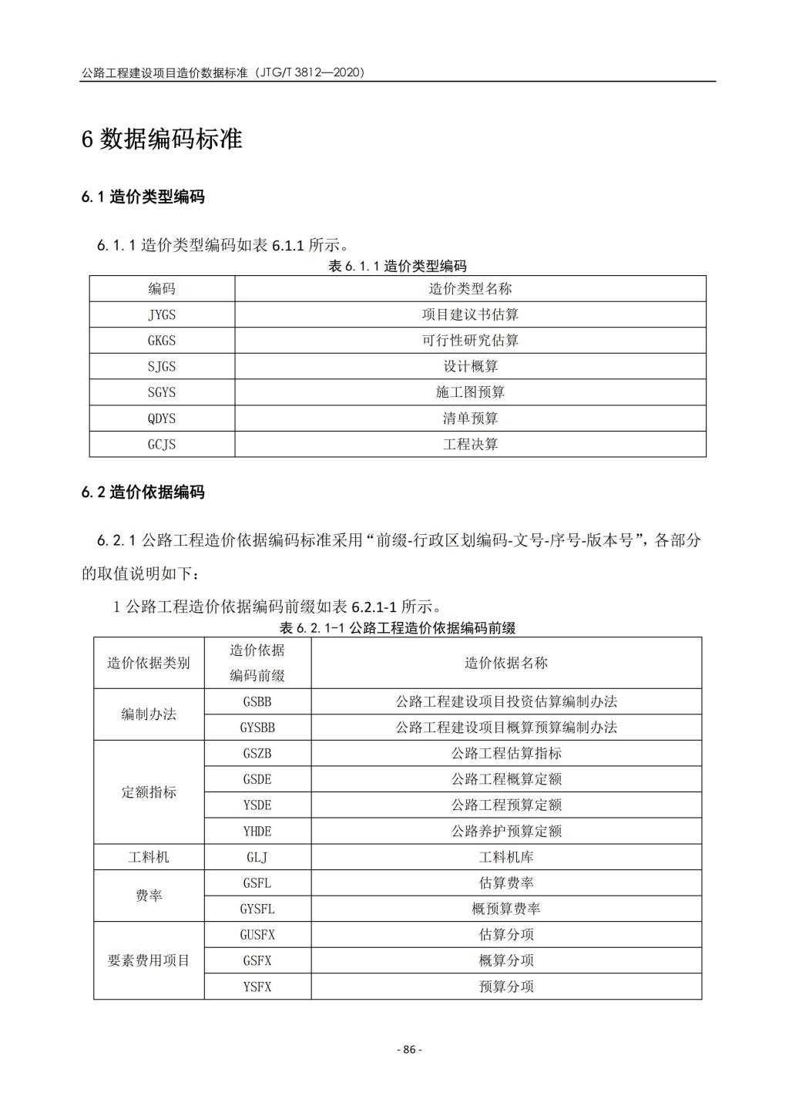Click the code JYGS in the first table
[x=162, y=314]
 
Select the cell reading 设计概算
[x=470, y=366]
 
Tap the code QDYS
[x=162, y=418]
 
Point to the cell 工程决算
[x=470, y=445]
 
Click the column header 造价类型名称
[x=470, y=289]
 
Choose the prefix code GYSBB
[x=257, y=728]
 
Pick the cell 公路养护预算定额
[x=506, y=831]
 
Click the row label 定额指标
[x=149, y=792]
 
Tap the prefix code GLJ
[x=257, y=857]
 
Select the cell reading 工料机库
[x=506, y=857]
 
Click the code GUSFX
[x=257, y=935]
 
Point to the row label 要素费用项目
[x=149, y=960]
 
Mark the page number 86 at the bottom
[x=409, y=1050]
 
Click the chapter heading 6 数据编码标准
[x=162, y=139]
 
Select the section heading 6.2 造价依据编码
[x=143, y=492]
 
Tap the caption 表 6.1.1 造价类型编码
[x=398, y=267]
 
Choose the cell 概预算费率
[x=506, y=909]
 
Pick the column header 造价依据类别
[x=149, y=663]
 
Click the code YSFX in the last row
[x=257, y=987]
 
